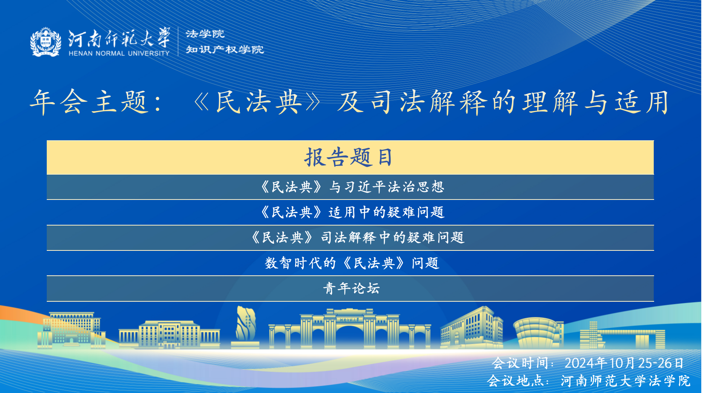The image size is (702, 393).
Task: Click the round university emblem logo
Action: coord(46,42)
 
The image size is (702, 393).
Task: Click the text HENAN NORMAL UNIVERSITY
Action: coord(119,53)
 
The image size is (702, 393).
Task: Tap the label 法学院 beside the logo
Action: coord(205,34)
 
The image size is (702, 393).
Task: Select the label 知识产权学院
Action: coord(225,49)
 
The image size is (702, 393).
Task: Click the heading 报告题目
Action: coord(349,157)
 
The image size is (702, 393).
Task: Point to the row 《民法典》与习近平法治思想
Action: coord(352,187)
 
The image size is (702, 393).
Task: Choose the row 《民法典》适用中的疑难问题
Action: coord(352,212)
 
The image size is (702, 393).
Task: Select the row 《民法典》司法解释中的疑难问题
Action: coord(357,238)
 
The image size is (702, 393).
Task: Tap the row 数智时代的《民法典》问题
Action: coord(352,263)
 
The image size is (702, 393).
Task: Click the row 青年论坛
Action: coord(351,289)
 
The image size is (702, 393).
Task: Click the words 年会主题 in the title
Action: coord(89,102)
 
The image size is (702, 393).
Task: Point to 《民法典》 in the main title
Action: coord(258,102)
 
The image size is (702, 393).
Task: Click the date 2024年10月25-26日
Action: coord(624,363)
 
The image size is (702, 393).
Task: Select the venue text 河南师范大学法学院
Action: coord(625,381)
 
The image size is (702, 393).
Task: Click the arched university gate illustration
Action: coord(349,328)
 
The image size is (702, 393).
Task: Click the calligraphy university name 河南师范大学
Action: coord(119,38)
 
